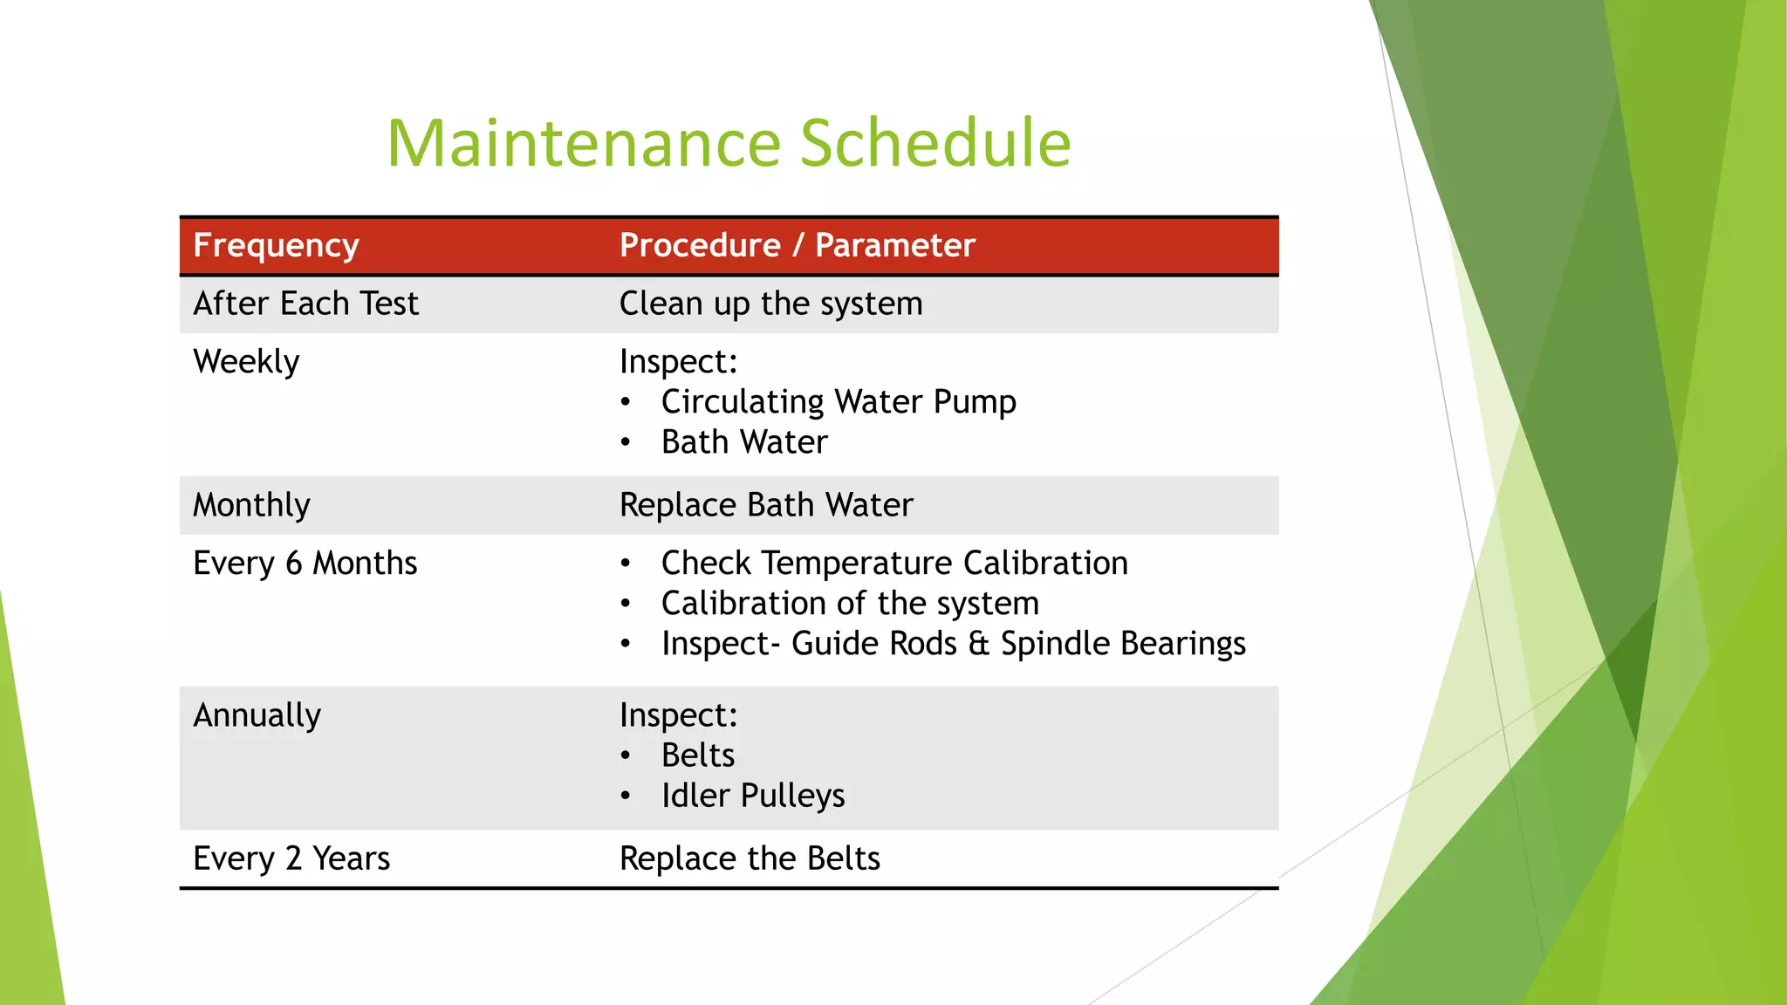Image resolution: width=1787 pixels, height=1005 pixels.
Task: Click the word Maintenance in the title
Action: pyautogui.click(x=583, y=143)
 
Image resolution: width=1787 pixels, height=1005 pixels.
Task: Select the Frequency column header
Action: pyautogui.click(x=276, y=246)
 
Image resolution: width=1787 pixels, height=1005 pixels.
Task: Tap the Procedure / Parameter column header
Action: pyautogui.click(x=797, y=246)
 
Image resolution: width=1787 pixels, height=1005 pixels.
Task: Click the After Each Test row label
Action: pyautogui.click(x=305, y=304)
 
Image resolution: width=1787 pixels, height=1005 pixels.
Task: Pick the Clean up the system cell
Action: pyautogui.click(x=770, y=304)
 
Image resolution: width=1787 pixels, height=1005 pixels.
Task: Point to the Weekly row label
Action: pyautogui.click(x=246, y=362)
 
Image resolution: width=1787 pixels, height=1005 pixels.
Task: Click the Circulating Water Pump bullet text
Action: pyautogui.click(x=838, y=402)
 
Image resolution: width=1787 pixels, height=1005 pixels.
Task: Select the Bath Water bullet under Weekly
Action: pyautogui.click(x=743, y=442)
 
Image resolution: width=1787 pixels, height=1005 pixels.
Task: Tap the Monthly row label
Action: pyautogui.click(x=251, y=505)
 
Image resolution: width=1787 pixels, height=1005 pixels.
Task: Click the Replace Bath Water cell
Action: pyautogui.click(x=765, y=505)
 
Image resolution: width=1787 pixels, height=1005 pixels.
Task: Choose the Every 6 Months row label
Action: pyautogui.click(x=305, y=564)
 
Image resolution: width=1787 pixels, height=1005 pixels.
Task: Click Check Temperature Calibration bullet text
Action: pyautogui.click(x=893, y=564)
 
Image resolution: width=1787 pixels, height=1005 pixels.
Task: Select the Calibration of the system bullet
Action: pyautogui.click(x=849, y=604)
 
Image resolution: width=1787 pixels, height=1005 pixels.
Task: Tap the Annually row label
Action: pyautogui.click(x=257, y=715)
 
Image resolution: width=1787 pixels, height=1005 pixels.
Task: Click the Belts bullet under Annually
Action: pyautogui.click(x=697, y=755)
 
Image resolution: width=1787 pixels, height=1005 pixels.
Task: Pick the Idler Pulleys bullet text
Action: pyautogui.click(x=752, y=796)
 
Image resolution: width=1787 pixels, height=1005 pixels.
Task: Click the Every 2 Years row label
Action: pyautogui.click(x=291, y=858)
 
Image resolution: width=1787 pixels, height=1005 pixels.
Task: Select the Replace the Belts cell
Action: pyautogui.click(x=749, y=858)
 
